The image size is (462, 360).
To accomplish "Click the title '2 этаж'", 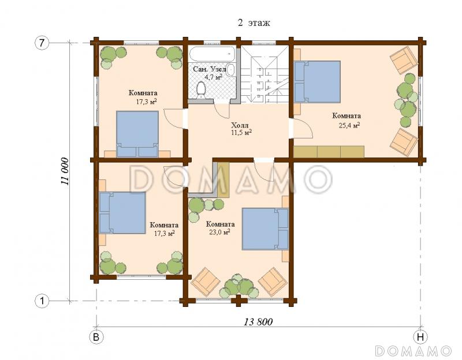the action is click(x=254, y=23).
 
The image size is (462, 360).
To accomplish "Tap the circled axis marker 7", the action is click(x=42, y=43).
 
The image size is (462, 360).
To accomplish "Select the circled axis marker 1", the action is click(x=42, y=301).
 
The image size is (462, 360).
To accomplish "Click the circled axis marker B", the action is click(x=96, y=337).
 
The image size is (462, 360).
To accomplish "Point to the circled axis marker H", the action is click(x=420, y=337).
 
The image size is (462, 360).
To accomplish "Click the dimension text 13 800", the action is click(x=258, y=322).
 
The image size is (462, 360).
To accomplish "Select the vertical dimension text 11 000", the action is click(x=65, y=171).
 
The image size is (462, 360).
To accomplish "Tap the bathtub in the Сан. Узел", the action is click(x=212, y=54).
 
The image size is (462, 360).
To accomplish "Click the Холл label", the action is click(x=240, y=125).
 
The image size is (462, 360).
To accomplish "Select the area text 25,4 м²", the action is click(x=349, y=125).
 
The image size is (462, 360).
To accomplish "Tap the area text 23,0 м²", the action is click(x=219, y=232).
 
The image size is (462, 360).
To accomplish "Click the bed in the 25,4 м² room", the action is click(x=317, y=82).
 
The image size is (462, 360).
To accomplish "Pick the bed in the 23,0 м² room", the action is click(x=265, y=229).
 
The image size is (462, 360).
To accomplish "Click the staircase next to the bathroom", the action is click(x=265, y=74).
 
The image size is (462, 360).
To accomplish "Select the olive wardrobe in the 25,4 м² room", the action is click(x=329, y=152).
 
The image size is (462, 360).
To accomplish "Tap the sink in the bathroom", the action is click(x=232, y=69).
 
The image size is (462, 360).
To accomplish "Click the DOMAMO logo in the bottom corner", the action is click(x=413, y=351).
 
